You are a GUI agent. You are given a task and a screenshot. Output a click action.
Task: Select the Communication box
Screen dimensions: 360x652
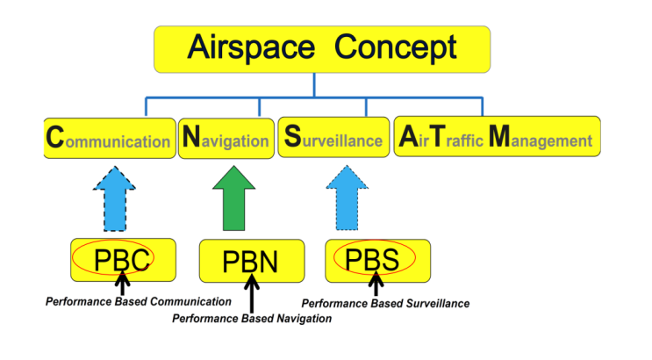click(x=109, y=139)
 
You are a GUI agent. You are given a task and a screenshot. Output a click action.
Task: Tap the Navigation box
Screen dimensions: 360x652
click(x=226, y=139)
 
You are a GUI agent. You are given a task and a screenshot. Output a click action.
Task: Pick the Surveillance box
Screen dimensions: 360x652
click(x=333, y=139)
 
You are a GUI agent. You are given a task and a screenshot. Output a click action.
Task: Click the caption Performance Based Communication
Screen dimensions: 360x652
click(x=138, y=301)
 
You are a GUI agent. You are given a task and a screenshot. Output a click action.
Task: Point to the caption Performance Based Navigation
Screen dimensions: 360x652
click(x=252, y=319)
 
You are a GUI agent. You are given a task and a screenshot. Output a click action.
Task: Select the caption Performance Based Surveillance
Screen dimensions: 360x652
click(x=385, y=304)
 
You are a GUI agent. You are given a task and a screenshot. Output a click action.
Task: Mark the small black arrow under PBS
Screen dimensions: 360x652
click(x=376, y=283)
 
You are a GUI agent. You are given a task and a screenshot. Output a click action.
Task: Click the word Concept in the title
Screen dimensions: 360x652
click(x=396, y=47)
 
